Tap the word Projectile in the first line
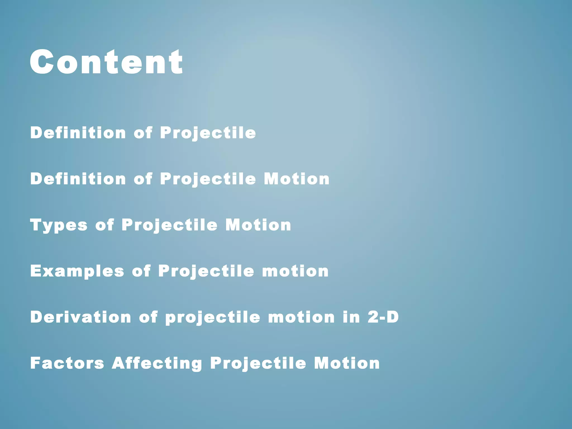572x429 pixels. tap(208, 133)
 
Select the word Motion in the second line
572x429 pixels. tap(297, 179)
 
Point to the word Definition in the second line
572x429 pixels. tap(78, 179)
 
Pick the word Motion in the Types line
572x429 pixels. tap(258, 225)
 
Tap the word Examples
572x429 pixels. tap(77, 271)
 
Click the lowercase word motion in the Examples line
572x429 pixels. tap(295, 271)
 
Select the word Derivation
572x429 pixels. tap(80, 317)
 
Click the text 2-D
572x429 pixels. tap(383, 317)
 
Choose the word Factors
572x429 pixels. tap(67, 363)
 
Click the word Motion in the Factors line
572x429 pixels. tap(347, 363)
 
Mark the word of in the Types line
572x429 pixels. tap(104, 225)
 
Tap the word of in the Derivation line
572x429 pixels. tap(148, 317)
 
